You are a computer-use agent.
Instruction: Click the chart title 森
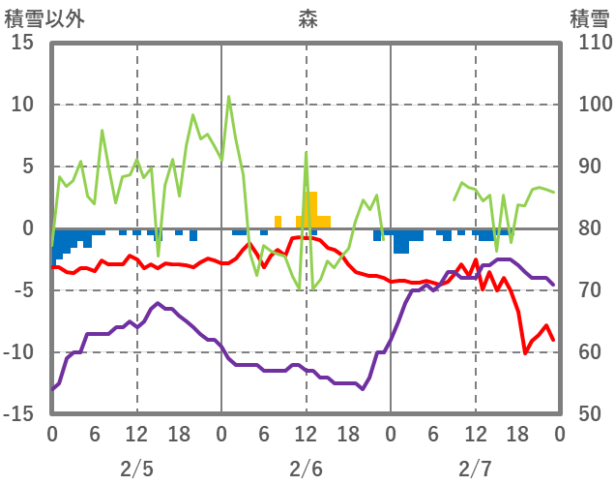pos(307,17)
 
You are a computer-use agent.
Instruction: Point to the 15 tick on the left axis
pos(22,43)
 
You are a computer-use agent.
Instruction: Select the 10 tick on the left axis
pos(22,105)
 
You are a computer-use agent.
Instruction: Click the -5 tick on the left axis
pos(22,290)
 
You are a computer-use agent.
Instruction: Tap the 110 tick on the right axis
pos(591,43)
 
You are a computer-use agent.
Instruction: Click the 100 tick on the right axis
pos(591,105)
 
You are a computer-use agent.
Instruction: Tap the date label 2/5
pos(136,469)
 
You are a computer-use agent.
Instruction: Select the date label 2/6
pos(306,469)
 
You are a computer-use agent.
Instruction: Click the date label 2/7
pos(475,469)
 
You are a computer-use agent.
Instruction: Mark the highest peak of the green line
pos(229,96)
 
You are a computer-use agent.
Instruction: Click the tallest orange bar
pos(310,210)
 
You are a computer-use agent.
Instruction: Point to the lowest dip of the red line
pos(525,353)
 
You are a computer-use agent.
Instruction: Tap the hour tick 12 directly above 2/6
pos(306,435)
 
